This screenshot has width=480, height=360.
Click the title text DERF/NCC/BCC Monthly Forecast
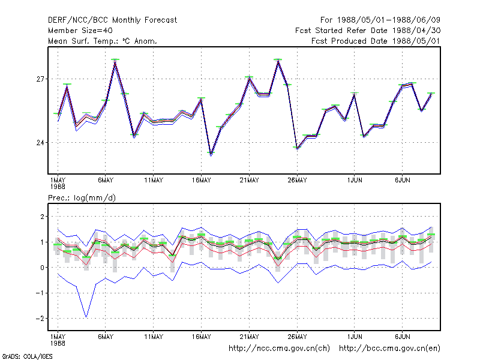pyautogui.click(x=112, y=20)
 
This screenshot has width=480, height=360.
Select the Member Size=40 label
pyautogui.click(x=80, y=31)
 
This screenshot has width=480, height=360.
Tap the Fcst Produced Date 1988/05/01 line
pyautogui.click(x=376, y=41)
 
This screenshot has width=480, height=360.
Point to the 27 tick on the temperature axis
pyautogui.click(x=40, y=79)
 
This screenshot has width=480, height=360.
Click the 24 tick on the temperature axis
pyautogui.click(x=40, y=143)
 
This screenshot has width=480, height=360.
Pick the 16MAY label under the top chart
pyautogui.click(x=202, y=181)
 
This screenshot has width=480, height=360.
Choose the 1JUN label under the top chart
pyautogui.click(x=355, y=181)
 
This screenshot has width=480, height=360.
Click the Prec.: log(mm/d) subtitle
pyautogui.click(x=82, y=198)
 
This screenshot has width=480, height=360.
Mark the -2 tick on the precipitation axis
pyautogui.click(x=40, y=319)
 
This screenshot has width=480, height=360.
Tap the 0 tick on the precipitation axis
pyautogui.click(x=42, y=268)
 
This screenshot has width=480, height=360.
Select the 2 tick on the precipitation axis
pyautogui.click(x=42, y=217)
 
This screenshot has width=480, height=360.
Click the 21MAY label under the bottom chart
pyautogui.click(x=249, y=337)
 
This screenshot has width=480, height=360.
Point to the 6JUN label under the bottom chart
pyautogui.click(x=402, y=337)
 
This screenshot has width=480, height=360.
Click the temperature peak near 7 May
pyautogui.click(x=115, y=61)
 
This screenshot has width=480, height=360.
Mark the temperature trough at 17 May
pyautogui.click(x=211, y=154)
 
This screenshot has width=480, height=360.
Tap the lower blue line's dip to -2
pyautogui.click(x=86, y=317)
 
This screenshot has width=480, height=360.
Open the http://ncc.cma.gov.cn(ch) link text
pyautogui.click(x=279, y=349)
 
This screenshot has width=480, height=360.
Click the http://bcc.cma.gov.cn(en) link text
pyautogui.click(x=389, y=349)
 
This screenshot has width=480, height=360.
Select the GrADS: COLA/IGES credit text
pyautogui.click(x=27, y=356)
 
